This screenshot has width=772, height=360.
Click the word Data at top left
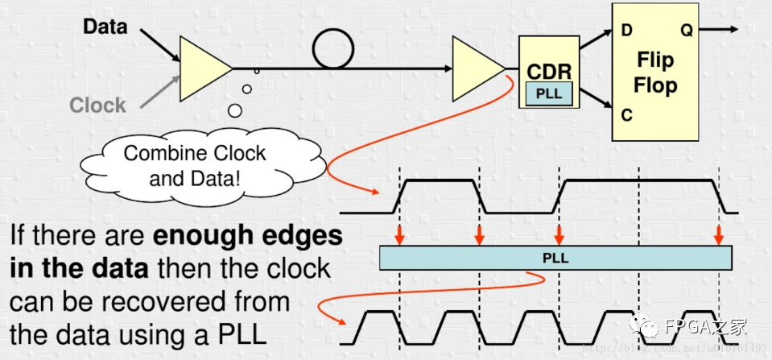[105, 26]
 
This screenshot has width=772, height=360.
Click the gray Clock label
[97, 105]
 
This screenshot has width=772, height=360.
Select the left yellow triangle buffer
[202, 66]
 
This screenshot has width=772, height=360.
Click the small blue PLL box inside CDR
[549, 94]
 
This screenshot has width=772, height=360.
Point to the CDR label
[549, 72]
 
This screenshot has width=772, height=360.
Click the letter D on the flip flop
[626, 31]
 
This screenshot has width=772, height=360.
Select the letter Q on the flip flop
[687, 31]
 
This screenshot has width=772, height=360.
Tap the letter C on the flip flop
[626, 114]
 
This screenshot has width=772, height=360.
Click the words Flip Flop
[655, 72]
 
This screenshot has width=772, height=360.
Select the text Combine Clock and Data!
[195, 165]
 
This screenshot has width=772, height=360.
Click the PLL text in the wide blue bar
[555, 259]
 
